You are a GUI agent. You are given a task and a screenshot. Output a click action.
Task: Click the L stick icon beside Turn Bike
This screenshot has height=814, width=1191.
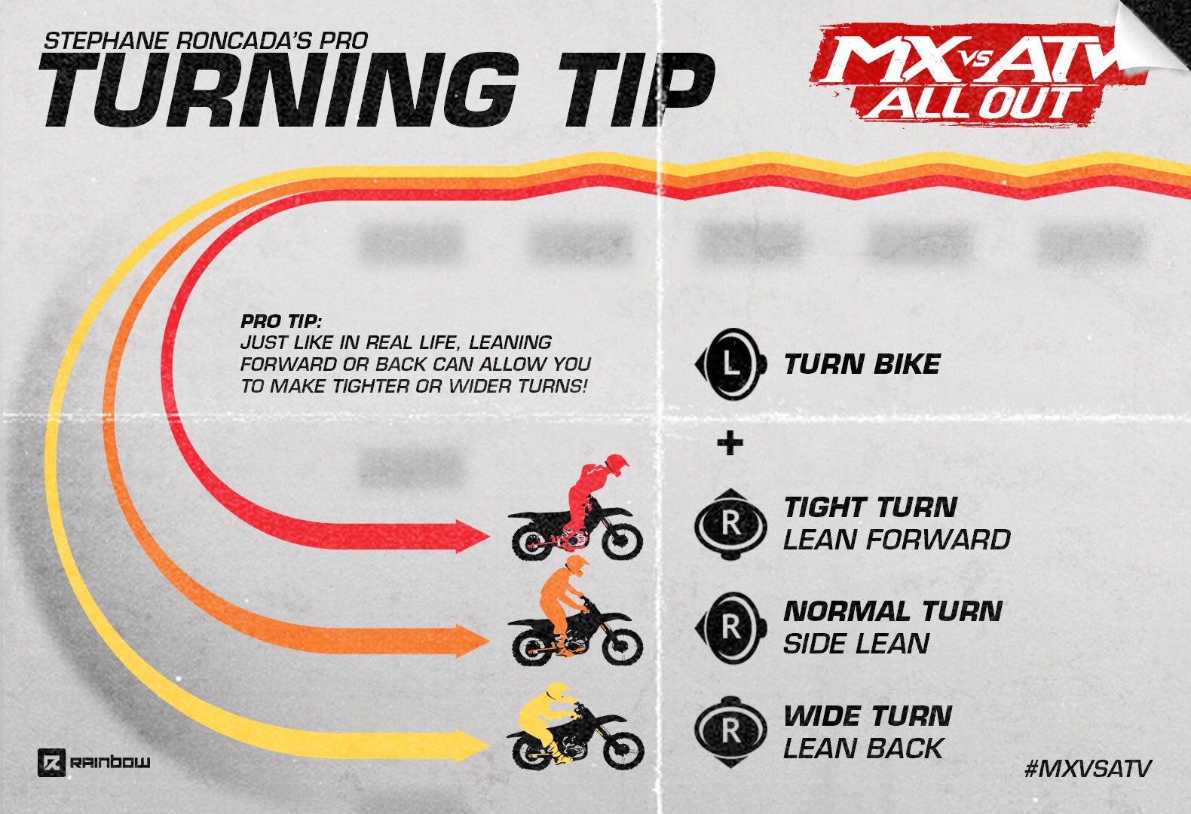pyautogui.click(x=730, y=364)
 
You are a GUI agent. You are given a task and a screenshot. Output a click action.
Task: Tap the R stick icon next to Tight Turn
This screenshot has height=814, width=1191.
pyautogui.click(x=730, y=525)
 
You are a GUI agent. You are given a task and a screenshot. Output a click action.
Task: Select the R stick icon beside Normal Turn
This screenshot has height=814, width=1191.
pyautogui.click(x=730, y=627)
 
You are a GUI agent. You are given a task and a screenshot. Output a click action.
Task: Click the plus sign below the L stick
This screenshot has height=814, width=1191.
pyautogui.click(x=730, y=443)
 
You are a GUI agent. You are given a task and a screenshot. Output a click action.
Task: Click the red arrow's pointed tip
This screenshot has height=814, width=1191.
pyautogui.click(x=488, y=537)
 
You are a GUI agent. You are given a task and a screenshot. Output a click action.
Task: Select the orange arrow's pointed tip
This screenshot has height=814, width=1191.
pyautogui.click(x=489, y=641)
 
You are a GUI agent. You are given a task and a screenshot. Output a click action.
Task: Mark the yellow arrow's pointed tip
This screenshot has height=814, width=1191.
pyautogui.click(x=489, y=745)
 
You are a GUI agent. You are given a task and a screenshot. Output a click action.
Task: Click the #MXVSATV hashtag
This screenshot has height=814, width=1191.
pyautogui.click(x=1088, y=768)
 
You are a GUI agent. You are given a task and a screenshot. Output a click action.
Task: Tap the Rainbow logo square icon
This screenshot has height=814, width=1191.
pyautogui.click(x=51, y=763)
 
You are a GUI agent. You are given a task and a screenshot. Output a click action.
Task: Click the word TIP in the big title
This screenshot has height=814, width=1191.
pyautogui.click(x=634, y=90)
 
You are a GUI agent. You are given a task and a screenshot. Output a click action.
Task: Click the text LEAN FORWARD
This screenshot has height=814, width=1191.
pyautogui.click(x=896, y=540)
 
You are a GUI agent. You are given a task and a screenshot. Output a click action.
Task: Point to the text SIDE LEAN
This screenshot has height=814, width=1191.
pyautogui.click(x=856, y=644)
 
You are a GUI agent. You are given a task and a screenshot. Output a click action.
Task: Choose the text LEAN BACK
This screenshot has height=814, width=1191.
pyautogui.click(x=863, y=748)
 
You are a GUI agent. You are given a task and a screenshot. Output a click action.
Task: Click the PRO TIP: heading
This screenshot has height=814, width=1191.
pyautogui.click(x=281, y=322)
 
